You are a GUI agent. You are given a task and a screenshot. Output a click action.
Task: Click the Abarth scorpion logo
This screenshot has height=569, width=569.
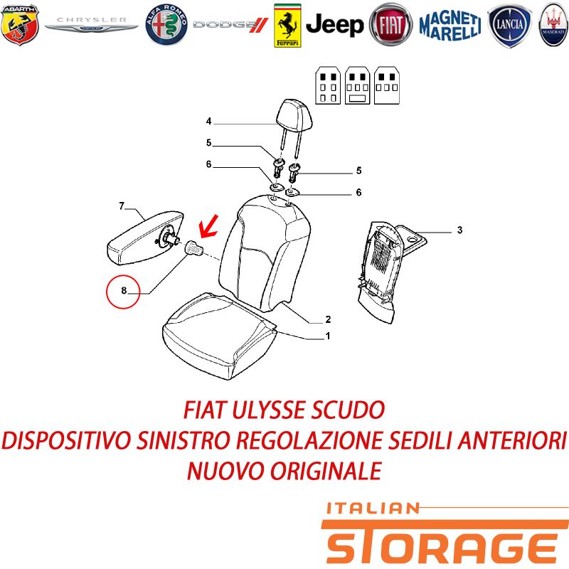point(20,24)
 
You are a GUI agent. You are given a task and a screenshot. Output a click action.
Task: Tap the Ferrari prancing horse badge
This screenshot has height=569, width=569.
point(287,26)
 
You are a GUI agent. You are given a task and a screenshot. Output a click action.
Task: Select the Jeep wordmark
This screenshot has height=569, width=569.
point(334,25)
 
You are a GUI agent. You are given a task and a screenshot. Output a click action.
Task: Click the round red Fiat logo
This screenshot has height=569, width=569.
point(390,25)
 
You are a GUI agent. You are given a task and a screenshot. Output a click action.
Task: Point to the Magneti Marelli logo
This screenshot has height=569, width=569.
point(450,26)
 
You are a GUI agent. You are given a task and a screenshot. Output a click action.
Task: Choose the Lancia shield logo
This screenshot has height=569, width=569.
point(509,26)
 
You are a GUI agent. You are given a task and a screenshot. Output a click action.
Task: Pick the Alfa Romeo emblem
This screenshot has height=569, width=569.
point(166,25)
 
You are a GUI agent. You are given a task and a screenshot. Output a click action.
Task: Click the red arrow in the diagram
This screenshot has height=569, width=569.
point(208,226)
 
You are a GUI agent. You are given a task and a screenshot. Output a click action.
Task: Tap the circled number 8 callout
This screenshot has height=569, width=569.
point(123,292)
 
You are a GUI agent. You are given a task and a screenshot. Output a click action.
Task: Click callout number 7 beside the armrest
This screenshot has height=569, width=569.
point(122,206)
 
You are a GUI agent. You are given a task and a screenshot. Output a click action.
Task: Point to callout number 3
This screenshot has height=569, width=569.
point(459,230)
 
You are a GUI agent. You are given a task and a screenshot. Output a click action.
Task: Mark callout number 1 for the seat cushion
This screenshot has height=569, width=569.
point(328,336)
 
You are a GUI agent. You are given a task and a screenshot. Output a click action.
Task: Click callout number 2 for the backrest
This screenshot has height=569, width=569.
point(328,319)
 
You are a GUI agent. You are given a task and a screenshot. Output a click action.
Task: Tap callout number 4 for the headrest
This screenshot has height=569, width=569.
point(208,121)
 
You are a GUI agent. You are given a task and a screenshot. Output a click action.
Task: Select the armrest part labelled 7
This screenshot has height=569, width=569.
point(145,238)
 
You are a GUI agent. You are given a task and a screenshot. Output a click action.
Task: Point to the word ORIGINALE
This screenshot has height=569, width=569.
point(326,471)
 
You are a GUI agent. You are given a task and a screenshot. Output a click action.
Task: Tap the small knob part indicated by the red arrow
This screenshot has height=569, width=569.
point(193,248)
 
